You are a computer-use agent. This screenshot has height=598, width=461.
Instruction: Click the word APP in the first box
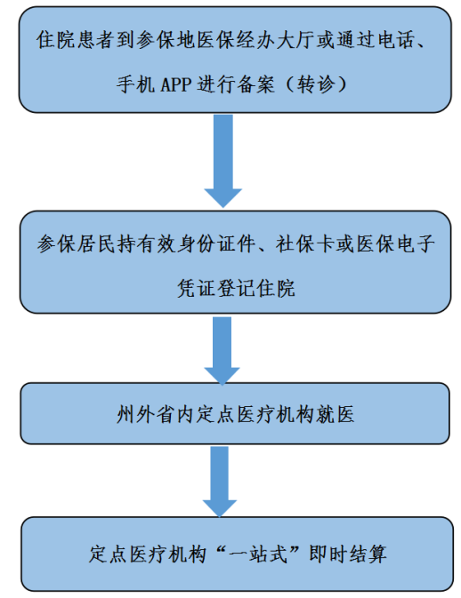(x=175, y=84)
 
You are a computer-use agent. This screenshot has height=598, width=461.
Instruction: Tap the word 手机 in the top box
(x=135, y=84)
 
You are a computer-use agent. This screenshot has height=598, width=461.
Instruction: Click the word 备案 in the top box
(x=255, y=84)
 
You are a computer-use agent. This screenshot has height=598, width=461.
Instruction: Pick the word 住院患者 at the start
(x=76, y=40)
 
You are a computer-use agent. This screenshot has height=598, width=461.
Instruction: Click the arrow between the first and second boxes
(x=223, y=161)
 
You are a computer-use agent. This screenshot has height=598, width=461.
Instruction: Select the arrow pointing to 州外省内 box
(x=222, y=350)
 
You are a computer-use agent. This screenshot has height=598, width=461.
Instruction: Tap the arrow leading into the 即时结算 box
(x=220, y=482)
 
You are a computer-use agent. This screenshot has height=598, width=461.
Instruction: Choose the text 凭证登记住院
(x=236, y=288)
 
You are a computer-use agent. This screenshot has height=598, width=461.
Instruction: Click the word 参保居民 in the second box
(x=77, y=243)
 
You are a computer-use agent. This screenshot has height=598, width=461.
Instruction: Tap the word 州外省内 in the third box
(x=156, y=414)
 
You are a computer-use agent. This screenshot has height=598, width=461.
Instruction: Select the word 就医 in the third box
(x=336, y=414)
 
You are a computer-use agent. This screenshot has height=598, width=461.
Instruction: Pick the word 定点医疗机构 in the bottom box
(x=148, y=554)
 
